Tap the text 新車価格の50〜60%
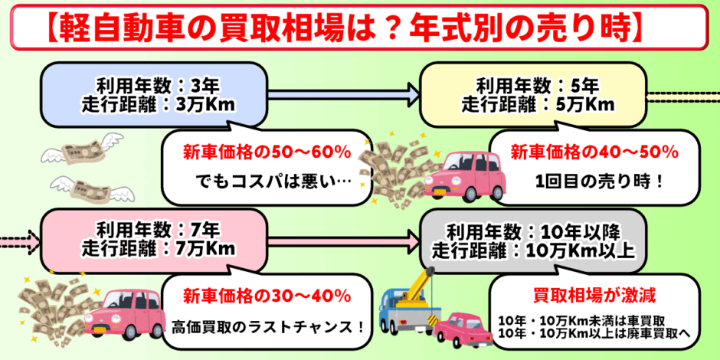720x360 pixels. (x=267, y=152)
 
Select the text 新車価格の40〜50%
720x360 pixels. (x=594, y=152)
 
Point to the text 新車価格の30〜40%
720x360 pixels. (x=267, y=296)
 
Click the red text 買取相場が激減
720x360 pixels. (x=594, y=294)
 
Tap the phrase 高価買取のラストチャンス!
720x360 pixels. (x=268, y=327)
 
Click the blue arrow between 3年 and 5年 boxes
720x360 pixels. (x=343, y=95)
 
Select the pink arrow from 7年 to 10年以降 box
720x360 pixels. (x=343, y=240)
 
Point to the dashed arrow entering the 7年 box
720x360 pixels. (x=20, y=239)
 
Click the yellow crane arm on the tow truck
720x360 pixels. (x=414, y=288)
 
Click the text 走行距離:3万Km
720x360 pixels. (x=159, y=104)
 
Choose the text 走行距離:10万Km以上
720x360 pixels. (x=534, y=250)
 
